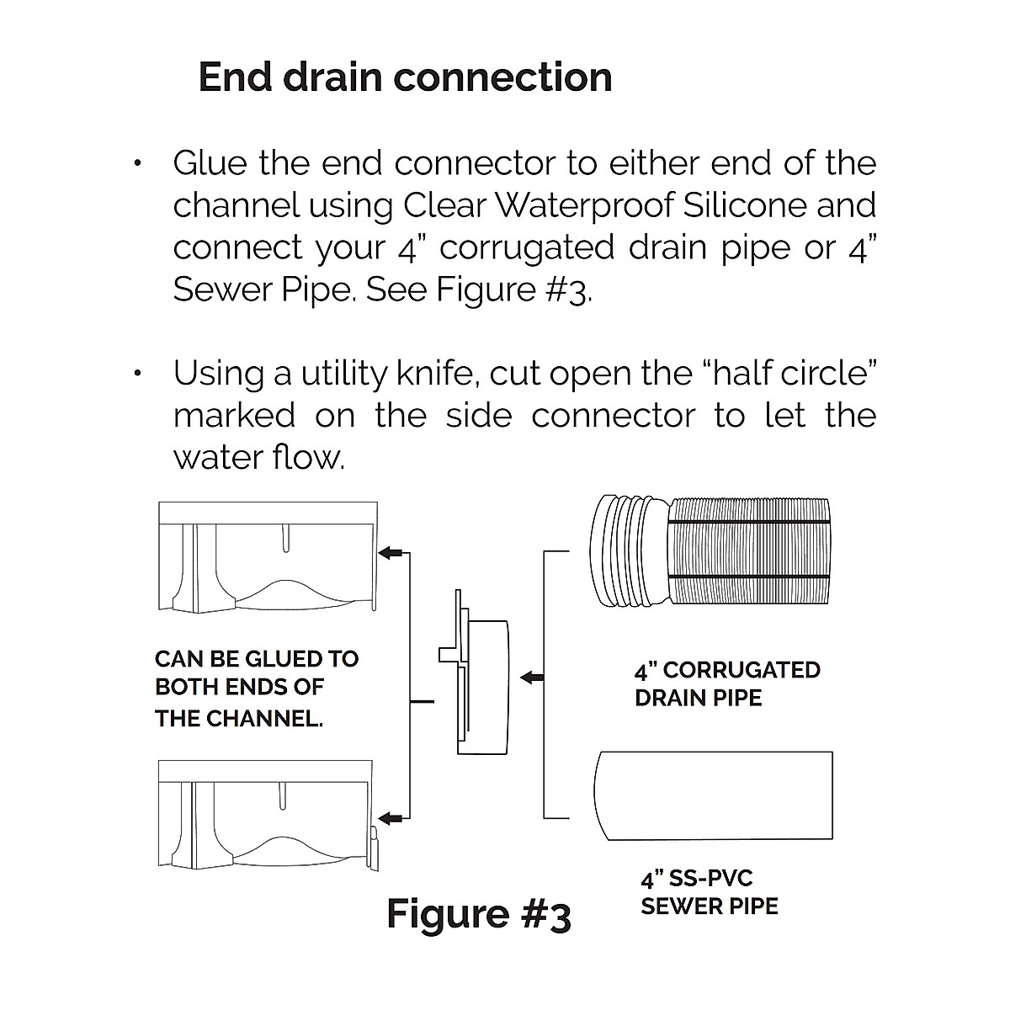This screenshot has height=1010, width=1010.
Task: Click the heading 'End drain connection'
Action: coord(405,77)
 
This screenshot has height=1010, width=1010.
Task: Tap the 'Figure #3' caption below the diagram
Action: coord(478,914)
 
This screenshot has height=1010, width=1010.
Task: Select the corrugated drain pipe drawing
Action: coord(712,550)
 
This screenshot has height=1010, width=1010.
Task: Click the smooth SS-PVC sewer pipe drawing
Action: coord(714,795)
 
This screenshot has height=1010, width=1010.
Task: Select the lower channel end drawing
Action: coord(268,815)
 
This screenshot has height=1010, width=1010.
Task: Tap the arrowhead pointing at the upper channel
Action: coord(388,553)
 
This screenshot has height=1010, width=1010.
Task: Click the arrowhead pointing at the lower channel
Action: coord(388,817)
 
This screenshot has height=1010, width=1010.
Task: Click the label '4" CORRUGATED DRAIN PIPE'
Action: coord(726,683)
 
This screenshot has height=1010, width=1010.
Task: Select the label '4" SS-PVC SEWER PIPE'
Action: coord(709,893)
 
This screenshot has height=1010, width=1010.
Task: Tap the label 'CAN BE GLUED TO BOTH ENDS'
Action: coord(257,688)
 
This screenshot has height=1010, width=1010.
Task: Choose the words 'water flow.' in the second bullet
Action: coord(258,458)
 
